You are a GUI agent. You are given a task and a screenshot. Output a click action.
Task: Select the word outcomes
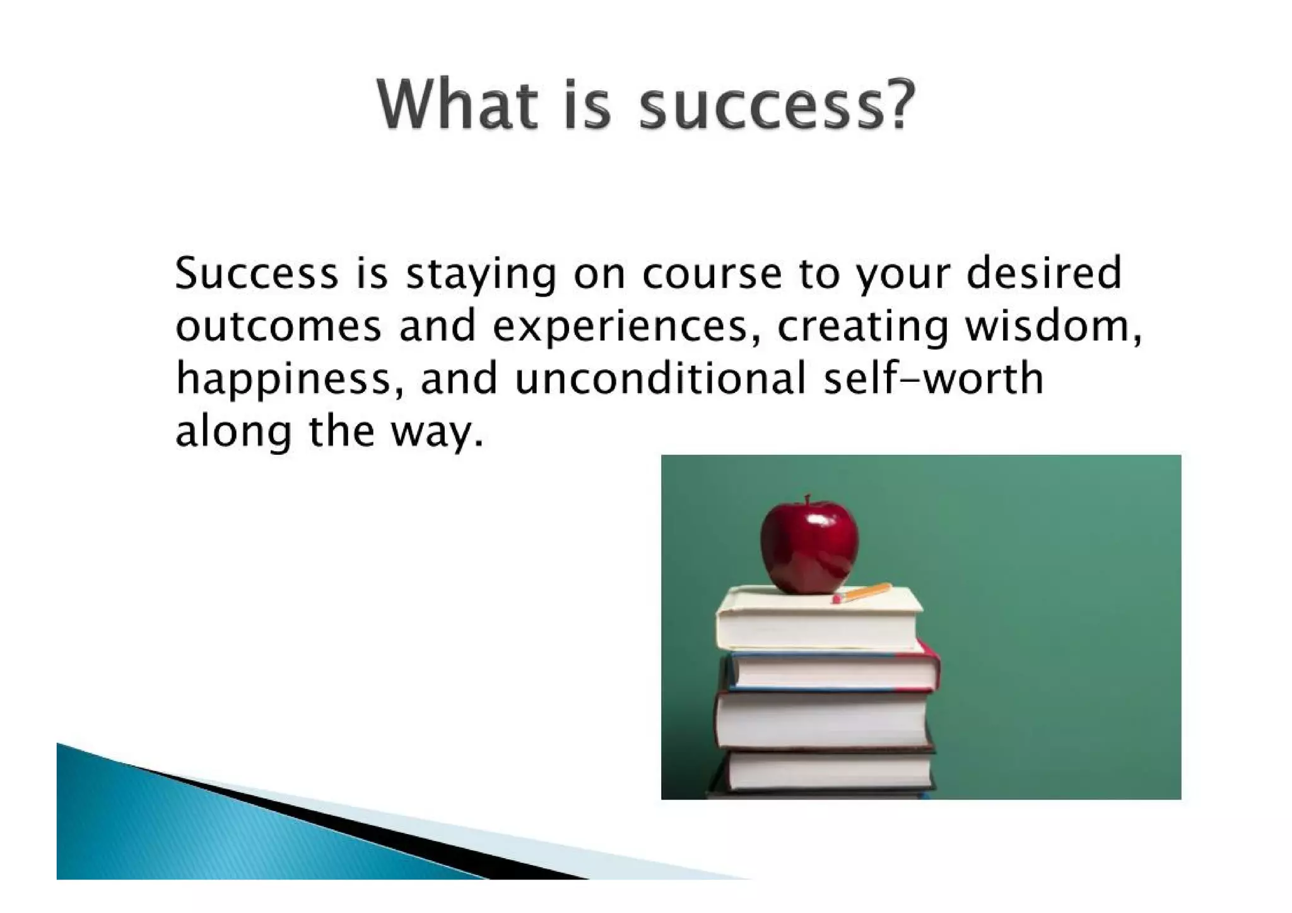pos(278,327)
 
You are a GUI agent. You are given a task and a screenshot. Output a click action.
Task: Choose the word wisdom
pos(1052,326)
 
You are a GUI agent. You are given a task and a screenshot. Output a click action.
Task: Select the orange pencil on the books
pos(863,592)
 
